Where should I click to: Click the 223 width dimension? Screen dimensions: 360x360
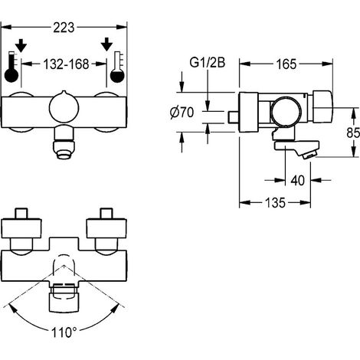click(64, 28)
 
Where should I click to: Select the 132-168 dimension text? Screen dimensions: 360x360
click(66, 64)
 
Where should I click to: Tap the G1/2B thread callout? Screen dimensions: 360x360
click(208, 63)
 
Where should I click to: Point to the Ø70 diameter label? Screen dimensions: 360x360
click(182, 113)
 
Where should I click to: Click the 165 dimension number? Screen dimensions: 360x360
click(286, 64)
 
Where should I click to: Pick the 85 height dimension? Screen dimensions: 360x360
click(353, 133)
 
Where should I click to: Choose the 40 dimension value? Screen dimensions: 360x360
click(298, 181)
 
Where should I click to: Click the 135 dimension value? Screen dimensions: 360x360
click(275, 203)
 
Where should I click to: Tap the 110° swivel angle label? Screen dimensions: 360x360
click(64, 332)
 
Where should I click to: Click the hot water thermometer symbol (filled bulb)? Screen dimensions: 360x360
click(11, 67)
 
